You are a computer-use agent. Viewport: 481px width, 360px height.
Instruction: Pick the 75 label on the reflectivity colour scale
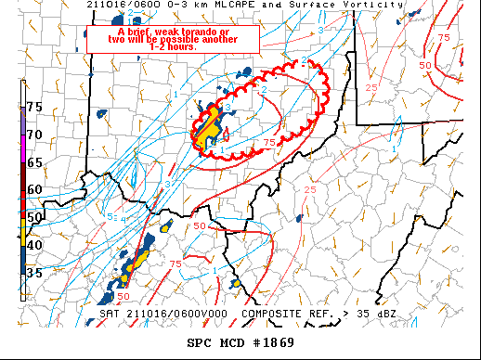click(34, 107)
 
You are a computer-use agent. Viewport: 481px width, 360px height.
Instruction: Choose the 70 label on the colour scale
click(34, 135)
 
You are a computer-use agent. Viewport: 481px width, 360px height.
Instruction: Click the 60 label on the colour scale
click(34, 189)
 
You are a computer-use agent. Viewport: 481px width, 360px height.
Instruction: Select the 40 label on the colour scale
click(34, 245)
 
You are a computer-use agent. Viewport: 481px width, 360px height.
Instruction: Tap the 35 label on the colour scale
click(34, 273)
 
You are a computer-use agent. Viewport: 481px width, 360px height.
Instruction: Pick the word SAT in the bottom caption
click(110, 313)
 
